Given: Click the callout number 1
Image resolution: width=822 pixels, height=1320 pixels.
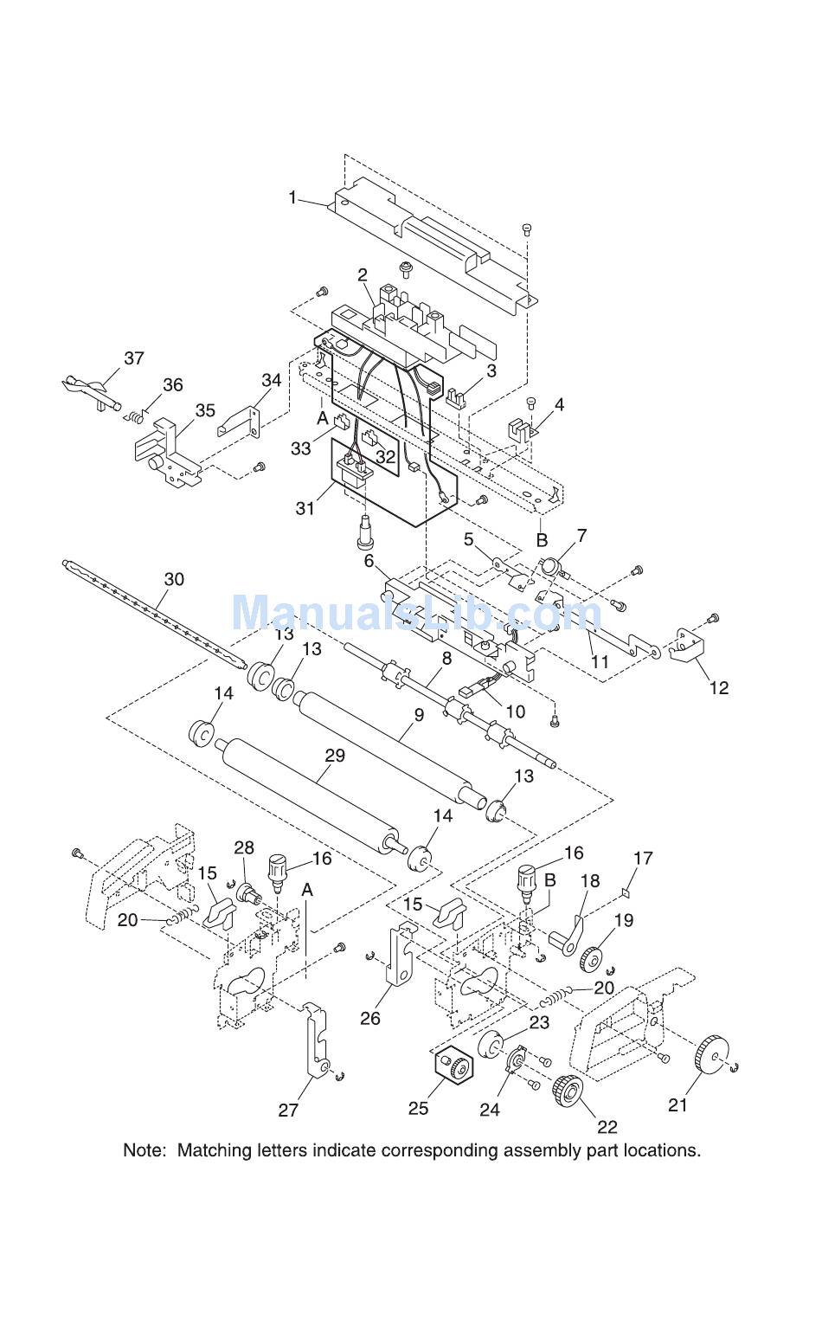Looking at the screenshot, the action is tap(292, 197).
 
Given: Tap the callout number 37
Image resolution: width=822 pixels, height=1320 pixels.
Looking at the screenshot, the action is tap(134, 357).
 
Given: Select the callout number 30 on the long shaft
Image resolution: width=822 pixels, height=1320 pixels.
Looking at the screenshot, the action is tap(174, 579).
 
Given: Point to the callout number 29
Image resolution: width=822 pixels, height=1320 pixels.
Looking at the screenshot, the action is tap(335, 755).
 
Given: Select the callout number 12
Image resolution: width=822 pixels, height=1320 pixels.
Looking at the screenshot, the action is tap(719, 687).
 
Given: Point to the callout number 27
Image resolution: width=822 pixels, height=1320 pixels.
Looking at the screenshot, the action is tap(288, 1110).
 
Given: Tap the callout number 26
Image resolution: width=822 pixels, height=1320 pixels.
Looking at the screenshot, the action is tap(370, 1018).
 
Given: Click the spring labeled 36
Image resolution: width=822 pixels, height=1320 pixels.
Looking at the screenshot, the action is tap(135, 417).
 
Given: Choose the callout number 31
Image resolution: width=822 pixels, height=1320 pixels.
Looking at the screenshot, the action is tap(305, 507).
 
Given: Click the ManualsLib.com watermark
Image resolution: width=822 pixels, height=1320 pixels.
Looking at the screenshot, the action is tap(416, 613).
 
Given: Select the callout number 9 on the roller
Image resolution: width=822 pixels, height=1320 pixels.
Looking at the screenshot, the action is tap(419, 714).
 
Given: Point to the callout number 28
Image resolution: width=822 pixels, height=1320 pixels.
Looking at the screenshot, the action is tap(244, 847).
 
